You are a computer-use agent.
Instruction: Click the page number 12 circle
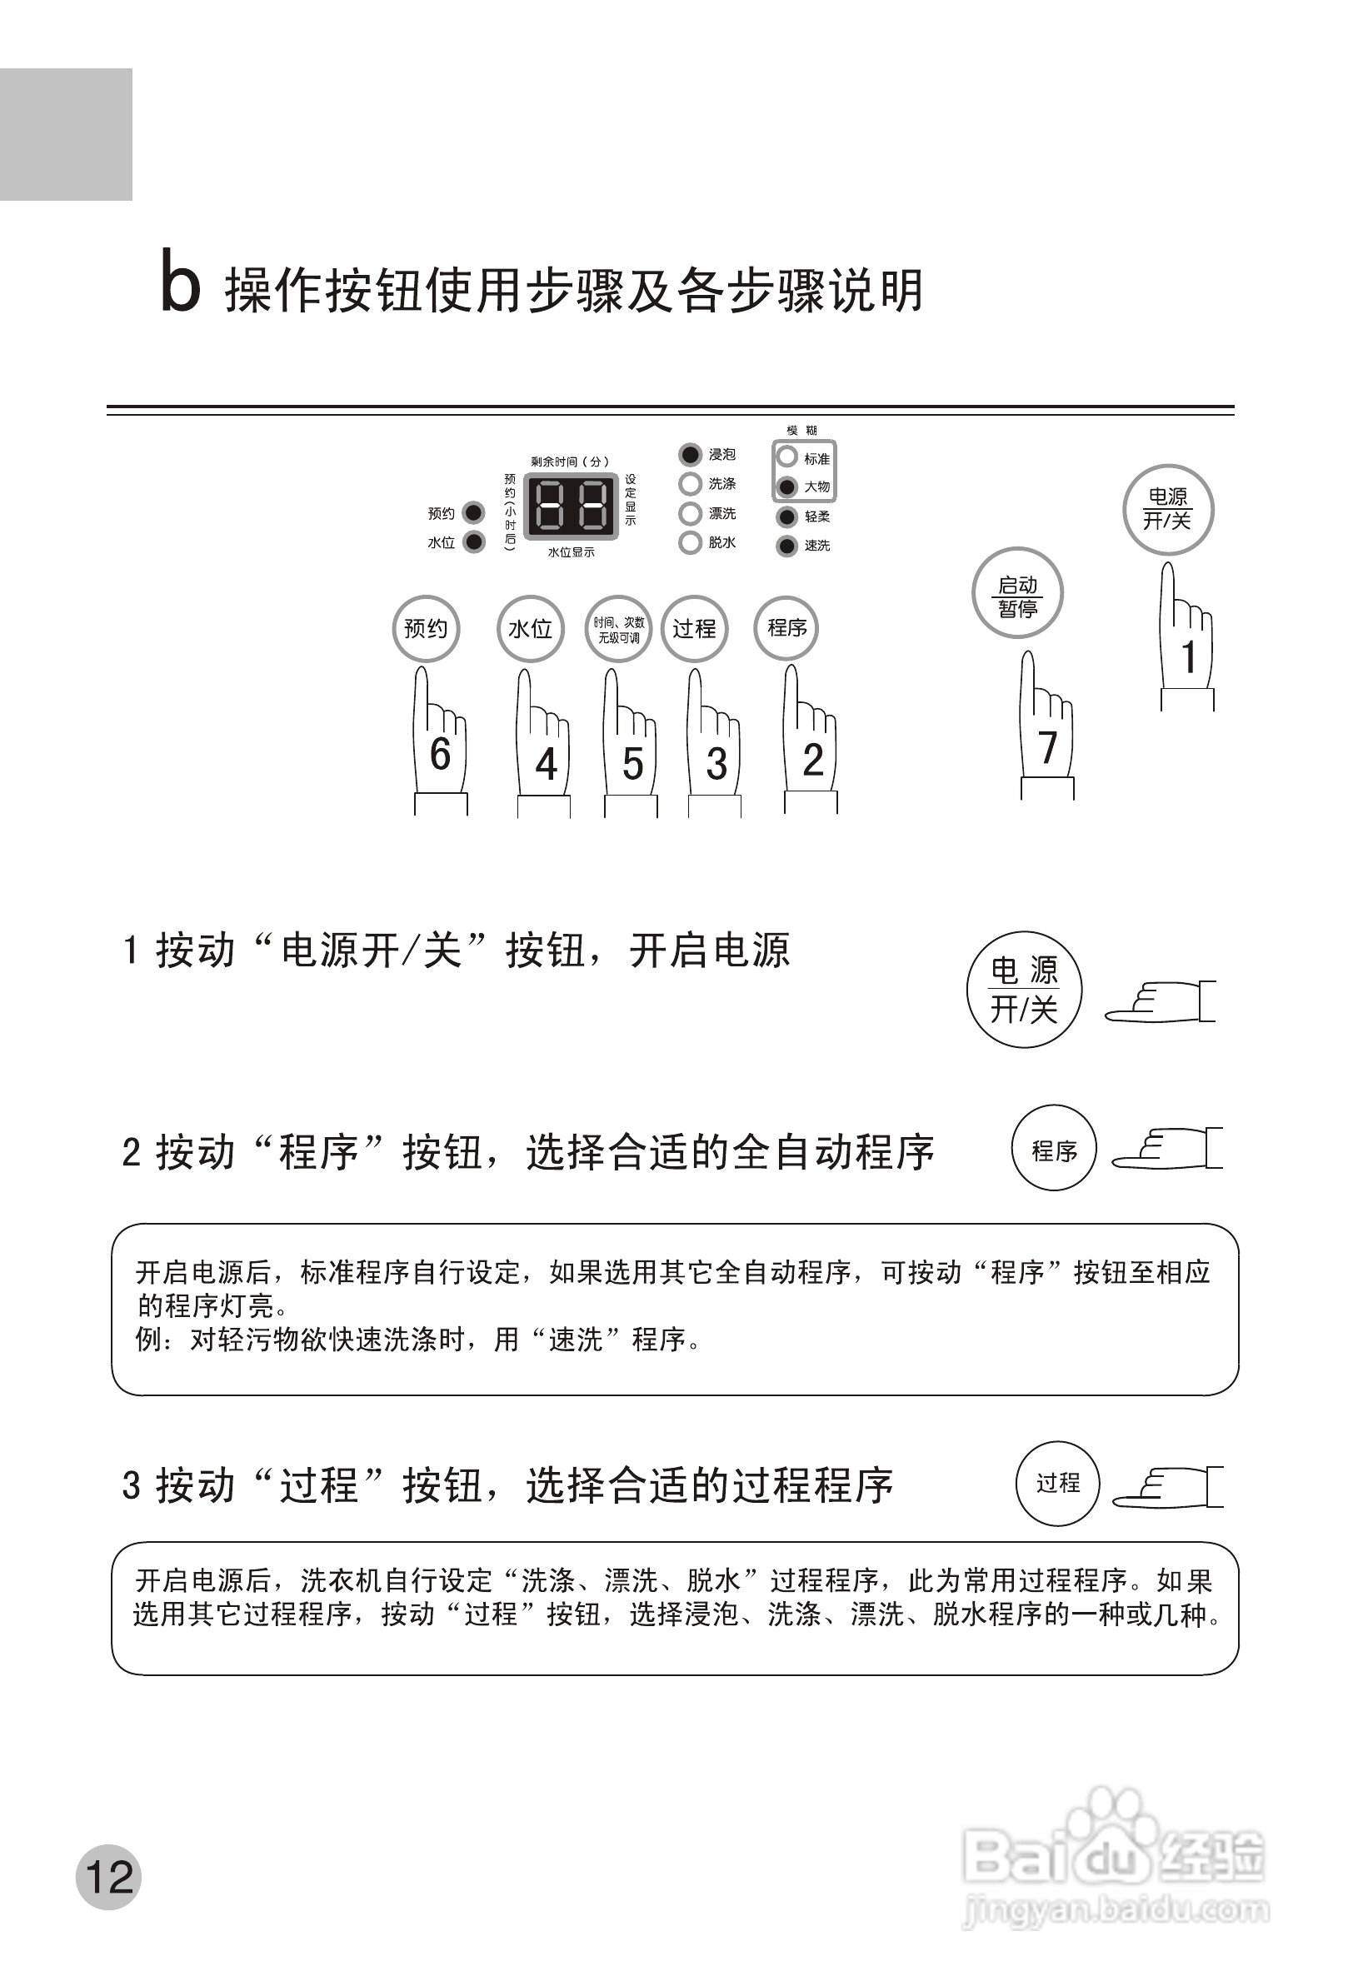(x=108, y=1878)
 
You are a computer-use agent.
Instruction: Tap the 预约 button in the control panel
(x=426, y=629)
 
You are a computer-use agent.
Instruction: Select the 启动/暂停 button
(x=1017, y=594)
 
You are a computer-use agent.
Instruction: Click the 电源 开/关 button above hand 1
(x=1167, y=509)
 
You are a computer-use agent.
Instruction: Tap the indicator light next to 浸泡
(x=690, y=455)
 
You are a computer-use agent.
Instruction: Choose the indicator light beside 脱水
(x=690, y=542)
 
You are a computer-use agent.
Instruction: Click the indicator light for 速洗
(x=786, y=545)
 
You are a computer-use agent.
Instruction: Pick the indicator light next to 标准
(x=786, y=457)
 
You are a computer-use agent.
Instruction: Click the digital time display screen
(x=571, y=506)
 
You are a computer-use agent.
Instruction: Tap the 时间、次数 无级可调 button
(x=618, y=629)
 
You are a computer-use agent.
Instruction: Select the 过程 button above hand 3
(x=694, y=629)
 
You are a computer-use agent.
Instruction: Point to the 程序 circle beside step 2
(x=1053, y=1151)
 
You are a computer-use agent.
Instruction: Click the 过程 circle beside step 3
(x=1057, y=1483)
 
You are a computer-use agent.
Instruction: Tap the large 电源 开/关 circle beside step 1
(x=1024, y=990)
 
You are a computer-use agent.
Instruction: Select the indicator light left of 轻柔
(x=786, y=517)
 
